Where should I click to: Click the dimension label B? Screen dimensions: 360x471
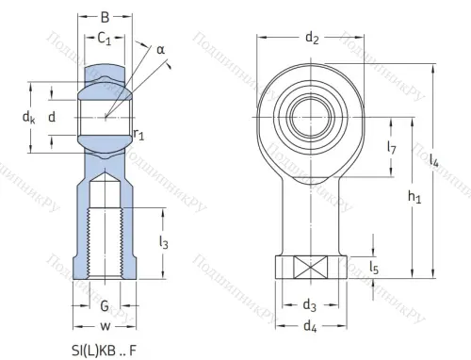(105, 16)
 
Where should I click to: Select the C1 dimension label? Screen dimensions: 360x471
(106, 39)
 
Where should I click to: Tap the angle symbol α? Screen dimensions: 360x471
(160, 48)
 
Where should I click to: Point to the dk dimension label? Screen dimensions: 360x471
(29, 118)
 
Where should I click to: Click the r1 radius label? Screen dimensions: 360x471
(138, 135)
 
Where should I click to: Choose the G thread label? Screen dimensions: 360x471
(105, 306)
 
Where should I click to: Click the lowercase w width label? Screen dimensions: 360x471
(105, 327)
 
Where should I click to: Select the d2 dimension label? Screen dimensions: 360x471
(312, 39)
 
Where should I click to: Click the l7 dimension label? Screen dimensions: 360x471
(391, 149)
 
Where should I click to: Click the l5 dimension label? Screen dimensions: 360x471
(375, 270)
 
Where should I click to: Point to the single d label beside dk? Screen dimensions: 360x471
(53, 118)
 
